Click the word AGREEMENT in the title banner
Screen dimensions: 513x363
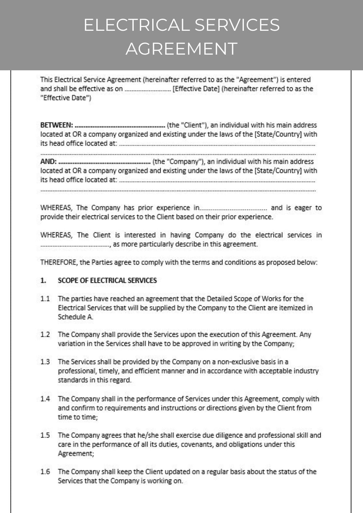[x=182, y=49]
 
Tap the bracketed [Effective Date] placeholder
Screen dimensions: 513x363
[x=196, y=89]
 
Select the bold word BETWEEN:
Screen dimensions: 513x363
[x=56, y=125]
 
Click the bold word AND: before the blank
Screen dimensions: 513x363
[x=48, y=161]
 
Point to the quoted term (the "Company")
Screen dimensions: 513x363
[x=178, y=161]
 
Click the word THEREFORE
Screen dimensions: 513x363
[x=59, y=262]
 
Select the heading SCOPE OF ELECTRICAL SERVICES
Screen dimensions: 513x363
[x=107, y=280]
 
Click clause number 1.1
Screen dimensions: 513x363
[x=45, y=298]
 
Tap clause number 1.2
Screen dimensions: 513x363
[x=45, y=334]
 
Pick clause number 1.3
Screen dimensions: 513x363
[x=45, y=362]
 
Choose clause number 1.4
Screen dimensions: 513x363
[x=45, y=399]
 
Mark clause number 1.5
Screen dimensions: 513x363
[x=45, y=435]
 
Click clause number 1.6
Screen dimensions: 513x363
[x=45, y=471]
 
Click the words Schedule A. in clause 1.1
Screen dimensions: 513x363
[x=75, y=317]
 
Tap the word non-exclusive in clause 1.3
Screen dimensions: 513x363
[x=238, y=362]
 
